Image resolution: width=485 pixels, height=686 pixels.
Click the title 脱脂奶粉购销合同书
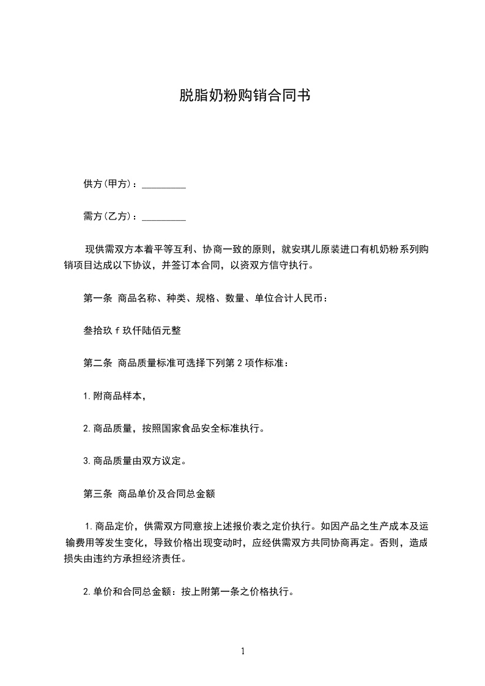point(242,95)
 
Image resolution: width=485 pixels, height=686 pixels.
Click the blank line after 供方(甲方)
point(164,185)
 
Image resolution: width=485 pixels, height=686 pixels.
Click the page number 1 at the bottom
point(243,651)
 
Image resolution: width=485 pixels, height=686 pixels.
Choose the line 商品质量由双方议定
point(139,461)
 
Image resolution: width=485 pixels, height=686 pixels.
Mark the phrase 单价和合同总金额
point(132,591)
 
